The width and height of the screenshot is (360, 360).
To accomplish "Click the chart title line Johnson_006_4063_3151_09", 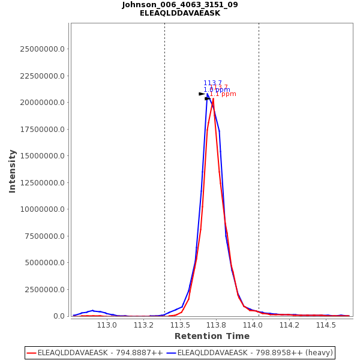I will (x=180, y=5).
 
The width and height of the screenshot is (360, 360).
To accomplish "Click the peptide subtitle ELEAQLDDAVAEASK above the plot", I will (x=180, y=13).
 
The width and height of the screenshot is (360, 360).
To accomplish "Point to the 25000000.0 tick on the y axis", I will (x=43, y=49).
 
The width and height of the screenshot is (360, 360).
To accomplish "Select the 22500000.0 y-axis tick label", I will (x=43, y=76).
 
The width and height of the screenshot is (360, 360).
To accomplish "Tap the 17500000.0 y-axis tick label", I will (x=43, y=129).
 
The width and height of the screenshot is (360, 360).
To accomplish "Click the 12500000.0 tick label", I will (x=43, y=182).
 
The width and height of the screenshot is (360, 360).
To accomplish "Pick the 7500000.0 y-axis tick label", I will (x=45, y=236).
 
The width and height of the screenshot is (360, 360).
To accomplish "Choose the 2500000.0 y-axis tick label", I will (x=45, y=289).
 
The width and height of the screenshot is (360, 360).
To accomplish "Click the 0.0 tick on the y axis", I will (x=58, y=316).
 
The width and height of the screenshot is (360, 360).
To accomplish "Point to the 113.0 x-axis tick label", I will (x=107, y=325).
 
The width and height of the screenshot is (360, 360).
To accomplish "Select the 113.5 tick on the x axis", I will (x=180, y=325).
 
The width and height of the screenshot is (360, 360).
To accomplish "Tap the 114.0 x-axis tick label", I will (x=253, y=325).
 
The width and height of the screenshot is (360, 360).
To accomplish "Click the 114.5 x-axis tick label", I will (x=326, y=325).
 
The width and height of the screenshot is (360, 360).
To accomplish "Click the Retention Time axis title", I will (x=212, y=336).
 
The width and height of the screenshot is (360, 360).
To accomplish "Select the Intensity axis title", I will (x=13, y=171).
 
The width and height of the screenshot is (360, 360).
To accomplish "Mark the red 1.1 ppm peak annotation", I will (x=223, y=94).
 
